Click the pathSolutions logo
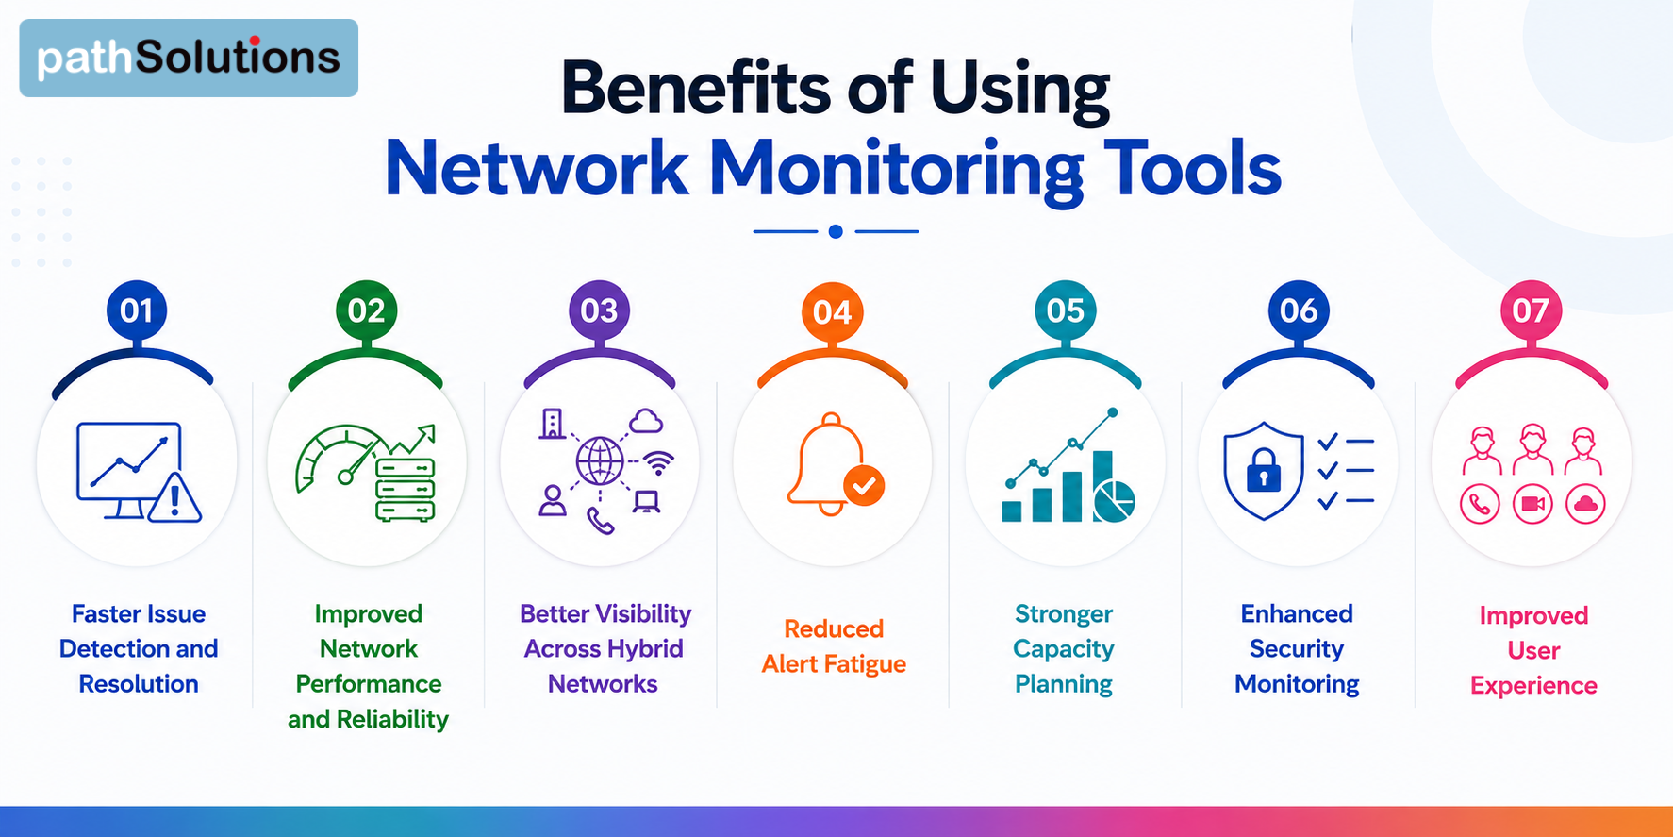pyautogui.click(x=189, y=58)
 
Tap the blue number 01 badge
pyautogui.click(x=137, y=310)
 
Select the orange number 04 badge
pyautogui.click(x=832, y=312)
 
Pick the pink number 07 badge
pyautogui.click(x=1531, y=310)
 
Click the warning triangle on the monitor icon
pyautogui.click(x=174, y=497)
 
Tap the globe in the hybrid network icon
pyautogui.click(x=600, y=461)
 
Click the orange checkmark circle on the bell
pyautogui.click(x=864, y=486)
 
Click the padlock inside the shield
pyautogui.click(x=1264, y=469)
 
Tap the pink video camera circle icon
pyautogui.click(x=1532, y=505)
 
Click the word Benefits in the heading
pyautogui.click(x=699, y=88)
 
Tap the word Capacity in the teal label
pyautogui.click(x=1064, y=649)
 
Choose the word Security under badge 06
pyautogui.click(x=1297, y=649)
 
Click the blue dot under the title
pyautogui.click(x=836, y=231)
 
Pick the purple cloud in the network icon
pyautogui.click(x=646, y=421)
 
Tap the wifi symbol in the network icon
pyautogui.click(x=659, y=462)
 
